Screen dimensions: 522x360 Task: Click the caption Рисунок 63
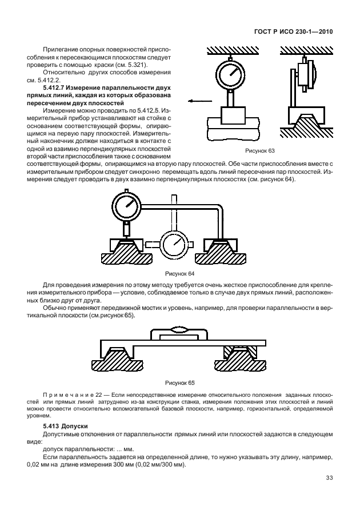pyautogui.click(x=259, y=150)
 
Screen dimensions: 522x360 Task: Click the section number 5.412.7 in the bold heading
pyautogui.click(x=58, y=87)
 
